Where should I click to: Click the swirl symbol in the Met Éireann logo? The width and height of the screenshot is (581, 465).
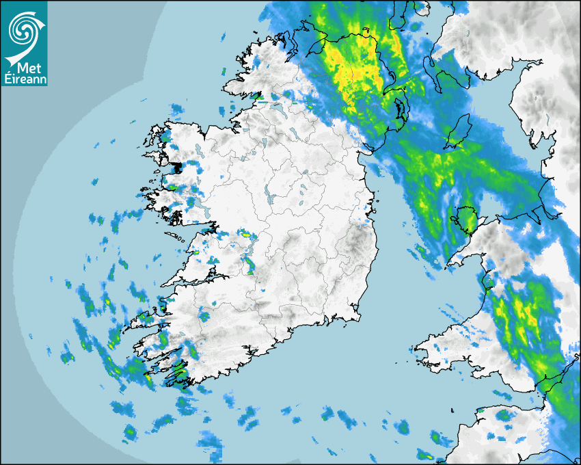pos(23,28)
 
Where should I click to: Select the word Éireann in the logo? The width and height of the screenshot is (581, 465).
pos(24,80)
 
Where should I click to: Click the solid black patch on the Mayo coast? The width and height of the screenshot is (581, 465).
pos(176,167)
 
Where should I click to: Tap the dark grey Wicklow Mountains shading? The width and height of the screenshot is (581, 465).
pos(355,243)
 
